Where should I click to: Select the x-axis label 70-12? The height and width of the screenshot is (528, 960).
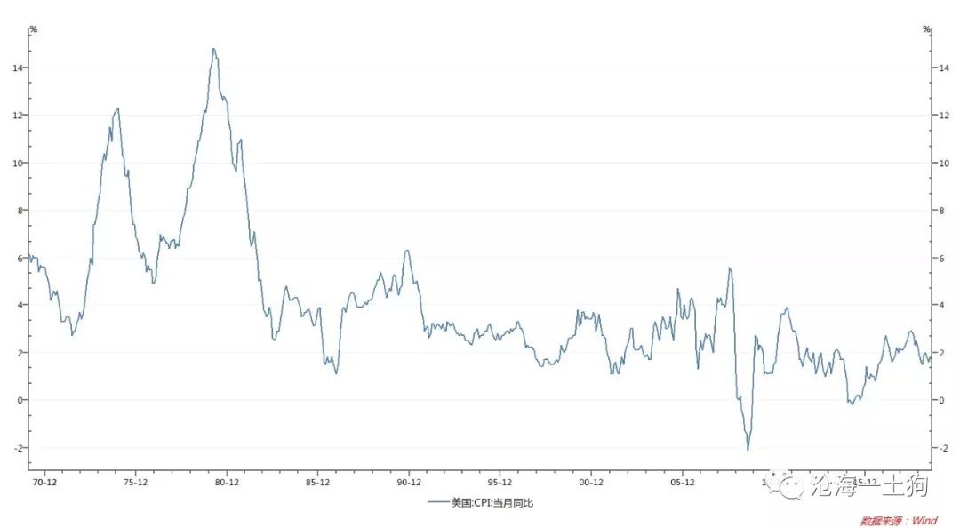click(x=44, y=483)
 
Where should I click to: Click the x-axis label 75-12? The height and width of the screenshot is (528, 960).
click(x=135, y=483)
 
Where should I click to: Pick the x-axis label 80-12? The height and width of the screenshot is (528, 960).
click(x=227, y=483)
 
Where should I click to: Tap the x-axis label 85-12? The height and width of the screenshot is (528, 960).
click(x=317, y=483)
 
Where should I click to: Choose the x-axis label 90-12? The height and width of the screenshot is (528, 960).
click(x=409, y=483)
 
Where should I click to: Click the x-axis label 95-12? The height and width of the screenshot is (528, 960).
click(x=500, y=483)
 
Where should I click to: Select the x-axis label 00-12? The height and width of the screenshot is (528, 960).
click(x=591, y=483)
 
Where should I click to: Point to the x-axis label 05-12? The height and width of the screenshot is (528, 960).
click(x=682, y=483)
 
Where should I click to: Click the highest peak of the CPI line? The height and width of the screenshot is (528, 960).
click(x=213, y=49)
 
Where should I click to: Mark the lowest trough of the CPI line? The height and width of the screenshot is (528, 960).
click(x=748, y=450)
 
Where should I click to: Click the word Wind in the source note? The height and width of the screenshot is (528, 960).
click(x=926, y=521)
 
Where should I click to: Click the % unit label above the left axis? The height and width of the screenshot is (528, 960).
click(x=33, y=29)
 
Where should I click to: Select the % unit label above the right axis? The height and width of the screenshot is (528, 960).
click(x=926, y=29)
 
